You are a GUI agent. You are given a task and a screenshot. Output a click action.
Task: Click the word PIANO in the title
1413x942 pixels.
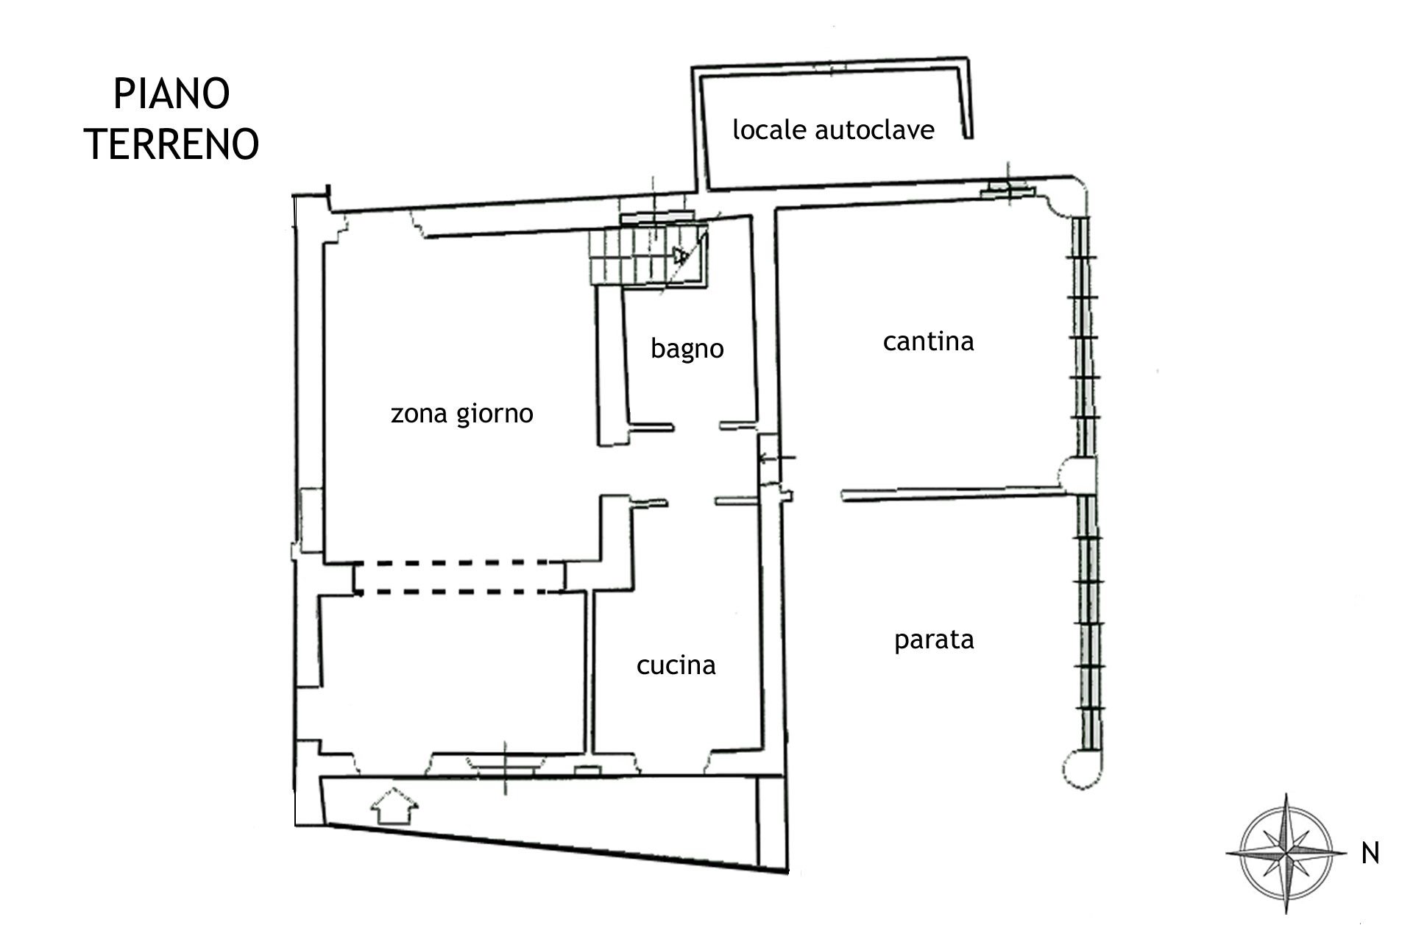(x=171, y=94)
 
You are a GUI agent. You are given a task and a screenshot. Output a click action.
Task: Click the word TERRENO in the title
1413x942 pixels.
(x=171, y=144)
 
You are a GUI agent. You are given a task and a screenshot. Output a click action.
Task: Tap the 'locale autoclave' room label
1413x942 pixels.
(x=833, y=130)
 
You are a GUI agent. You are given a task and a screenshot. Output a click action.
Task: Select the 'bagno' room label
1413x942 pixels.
(x=687, y=349)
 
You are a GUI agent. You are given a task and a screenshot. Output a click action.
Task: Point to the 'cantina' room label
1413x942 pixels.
(x=928, y=341)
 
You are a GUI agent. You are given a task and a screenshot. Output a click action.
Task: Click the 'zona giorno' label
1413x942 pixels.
(x=462, y=414)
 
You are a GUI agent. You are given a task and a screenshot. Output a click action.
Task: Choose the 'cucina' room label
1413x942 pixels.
(x=676, y=665)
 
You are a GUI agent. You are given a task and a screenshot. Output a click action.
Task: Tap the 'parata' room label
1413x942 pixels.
(x=934, y=640)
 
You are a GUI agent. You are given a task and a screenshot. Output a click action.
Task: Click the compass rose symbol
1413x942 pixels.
(x=1286, y=854)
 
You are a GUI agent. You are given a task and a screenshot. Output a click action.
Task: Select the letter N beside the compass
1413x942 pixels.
(x=1370, y=854)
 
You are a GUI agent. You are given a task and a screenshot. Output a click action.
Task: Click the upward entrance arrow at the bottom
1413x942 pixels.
(x=394, y=806)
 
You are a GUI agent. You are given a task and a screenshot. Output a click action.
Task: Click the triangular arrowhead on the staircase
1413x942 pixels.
(x=679, y=255)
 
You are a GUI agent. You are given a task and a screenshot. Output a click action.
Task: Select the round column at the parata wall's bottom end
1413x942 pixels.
(x=1083, y=769)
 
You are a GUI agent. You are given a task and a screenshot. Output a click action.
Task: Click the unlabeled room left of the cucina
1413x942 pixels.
(x=453, y=673)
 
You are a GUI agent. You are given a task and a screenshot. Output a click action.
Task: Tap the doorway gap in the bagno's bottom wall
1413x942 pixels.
(x=696, y=426)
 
